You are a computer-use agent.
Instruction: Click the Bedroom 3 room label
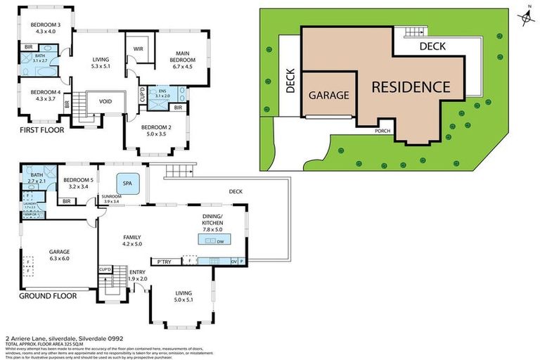(x=44, y=27)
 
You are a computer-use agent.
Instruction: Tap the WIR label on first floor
(x=139, y=49)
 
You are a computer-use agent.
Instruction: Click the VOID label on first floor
(x=105, y=101)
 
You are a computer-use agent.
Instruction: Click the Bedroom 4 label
(x=44, y=95)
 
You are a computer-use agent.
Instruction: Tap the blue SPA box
(x=128, y=184)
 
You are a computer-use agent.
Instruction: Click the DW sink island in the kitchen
(x=212, y=240)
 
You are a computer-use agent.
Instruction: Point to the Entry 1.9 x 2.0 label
(x=138, y=276)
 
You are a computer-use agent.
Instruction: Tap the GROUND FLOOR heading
(x=48, y=296)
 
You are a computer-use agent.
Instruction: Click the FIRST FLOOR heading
(x=42, y=129)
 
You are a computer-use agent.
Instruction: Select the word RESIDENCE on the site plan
(x=410, y=87)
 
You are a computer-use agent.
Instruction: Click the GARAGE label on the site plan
(x=329, y=96)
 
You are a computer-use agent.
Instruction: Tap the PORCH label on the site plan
(x=382, y=130)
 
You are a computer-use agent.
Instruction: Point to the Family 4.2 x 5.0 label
(x=133, y=240)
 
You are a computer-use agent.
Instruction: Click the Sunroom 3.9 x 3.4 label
(x=112, y=199)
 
